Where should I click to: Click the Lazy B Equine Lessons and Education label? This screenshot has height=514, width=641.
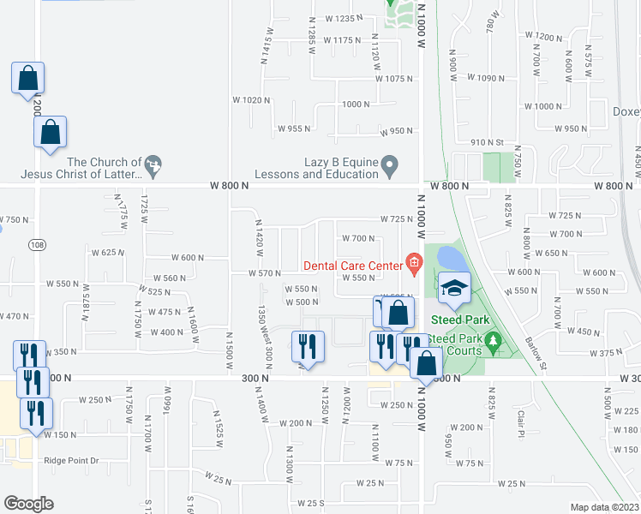328,168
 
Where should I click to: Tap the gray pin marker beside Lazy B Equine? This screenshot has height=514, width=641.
390,163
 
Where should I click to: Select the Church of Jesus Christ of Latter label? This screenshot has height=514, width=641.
104,168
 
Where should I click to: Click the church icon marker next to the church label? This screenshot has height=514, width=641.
153,163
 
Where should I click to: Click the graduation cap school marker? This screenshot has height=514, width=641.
455,289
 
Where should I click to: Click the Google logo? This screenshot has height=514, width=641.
29,503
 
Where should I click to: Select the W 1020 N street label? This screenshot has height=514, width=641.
250,100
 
